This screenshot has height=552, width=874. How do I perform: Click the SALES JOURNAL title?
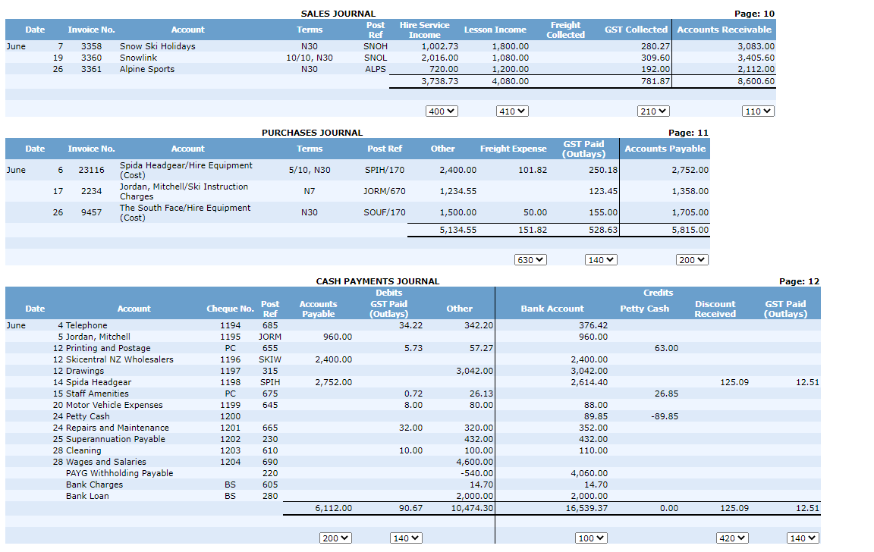tap(338, 14)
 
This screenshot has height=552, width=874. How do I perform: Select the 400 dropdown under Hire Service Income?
tap(442, 111)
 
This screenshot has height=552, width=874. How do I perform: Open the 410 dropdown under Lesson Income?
tap(512, 111)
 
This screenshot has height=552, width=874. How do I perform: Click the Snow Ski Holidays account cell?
tap(157, 46)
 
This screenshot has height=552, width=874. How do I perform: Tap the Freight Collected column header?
tap(565, 30)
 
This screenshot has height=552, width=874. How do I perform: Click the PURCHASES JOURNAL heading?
tap(312, 133)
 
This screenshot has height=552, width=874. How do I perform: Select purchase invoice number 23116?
tap(92, 170)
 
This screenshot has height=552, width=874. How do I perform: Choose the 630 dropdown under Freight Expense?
tap(530, 260)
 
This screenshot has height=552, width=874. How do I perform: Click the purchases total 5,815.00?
tap(690, 230)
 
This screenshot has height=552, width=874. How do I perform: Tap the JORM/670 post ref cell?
tap(385, 191)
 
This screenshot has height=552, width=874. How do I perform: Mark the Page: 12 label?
tap(800, 281)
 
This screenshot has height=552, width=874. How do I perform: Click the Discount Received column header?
tap(715, 309)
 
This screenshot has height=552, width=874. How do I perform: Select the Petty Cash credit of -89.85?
tap(664, 416)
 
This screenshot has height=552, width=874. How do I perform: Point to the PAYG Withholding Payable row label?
tap(119, 473)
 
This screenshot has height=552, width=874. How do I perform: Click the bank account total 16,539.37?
tap(588, 508)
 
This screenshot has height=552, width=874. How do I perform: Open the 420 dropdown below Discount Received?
tap(732, 538)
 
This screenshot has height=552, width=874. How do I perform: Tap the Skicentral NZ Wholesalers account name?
tap(119, 359)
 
